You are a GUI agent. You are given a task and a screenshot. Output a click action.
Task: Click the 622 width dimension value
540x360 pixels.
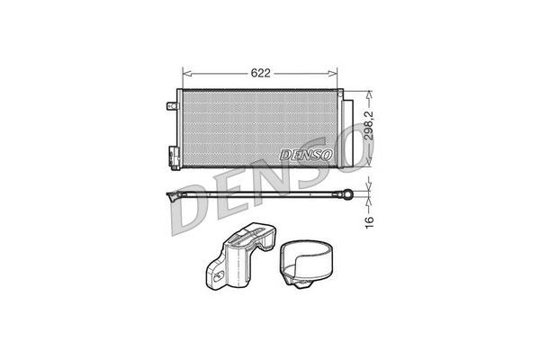click(x=260, y=73)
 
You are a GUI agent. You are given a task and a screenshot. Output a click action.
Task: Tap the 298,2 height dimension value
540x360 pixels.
click(x=369, y=125)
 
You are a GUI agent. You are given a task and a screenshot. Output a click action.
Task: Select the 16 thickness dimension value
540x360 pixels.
click(x=369, y=222)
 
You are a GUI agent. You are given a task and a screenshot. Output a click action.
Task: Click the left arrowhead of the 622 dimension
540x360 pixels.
click(x=186, y=74)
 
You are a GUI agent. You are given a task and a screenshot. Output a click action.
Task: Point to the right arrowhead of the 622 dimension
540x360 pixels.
click(x=333, y=74)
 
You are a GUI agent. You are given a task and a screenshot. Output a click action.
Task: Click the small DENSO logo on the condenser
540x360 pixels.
click(x=306, y=155)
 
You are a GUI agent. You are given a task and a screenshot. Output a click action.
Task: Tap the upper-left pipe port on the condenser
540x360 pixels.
click(x=172, y=106)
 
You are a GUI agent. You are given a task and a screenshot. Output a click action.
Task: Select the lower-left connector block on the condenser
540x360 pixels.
click(x=175, y=157)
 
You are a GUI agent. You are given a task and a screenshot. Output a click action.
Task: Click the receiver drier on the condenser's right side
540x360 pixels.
click(x=347, y=132)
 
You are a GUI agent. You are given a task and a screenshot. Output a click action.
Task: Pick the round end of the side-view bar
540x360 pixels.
click(x=347, y=194)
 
